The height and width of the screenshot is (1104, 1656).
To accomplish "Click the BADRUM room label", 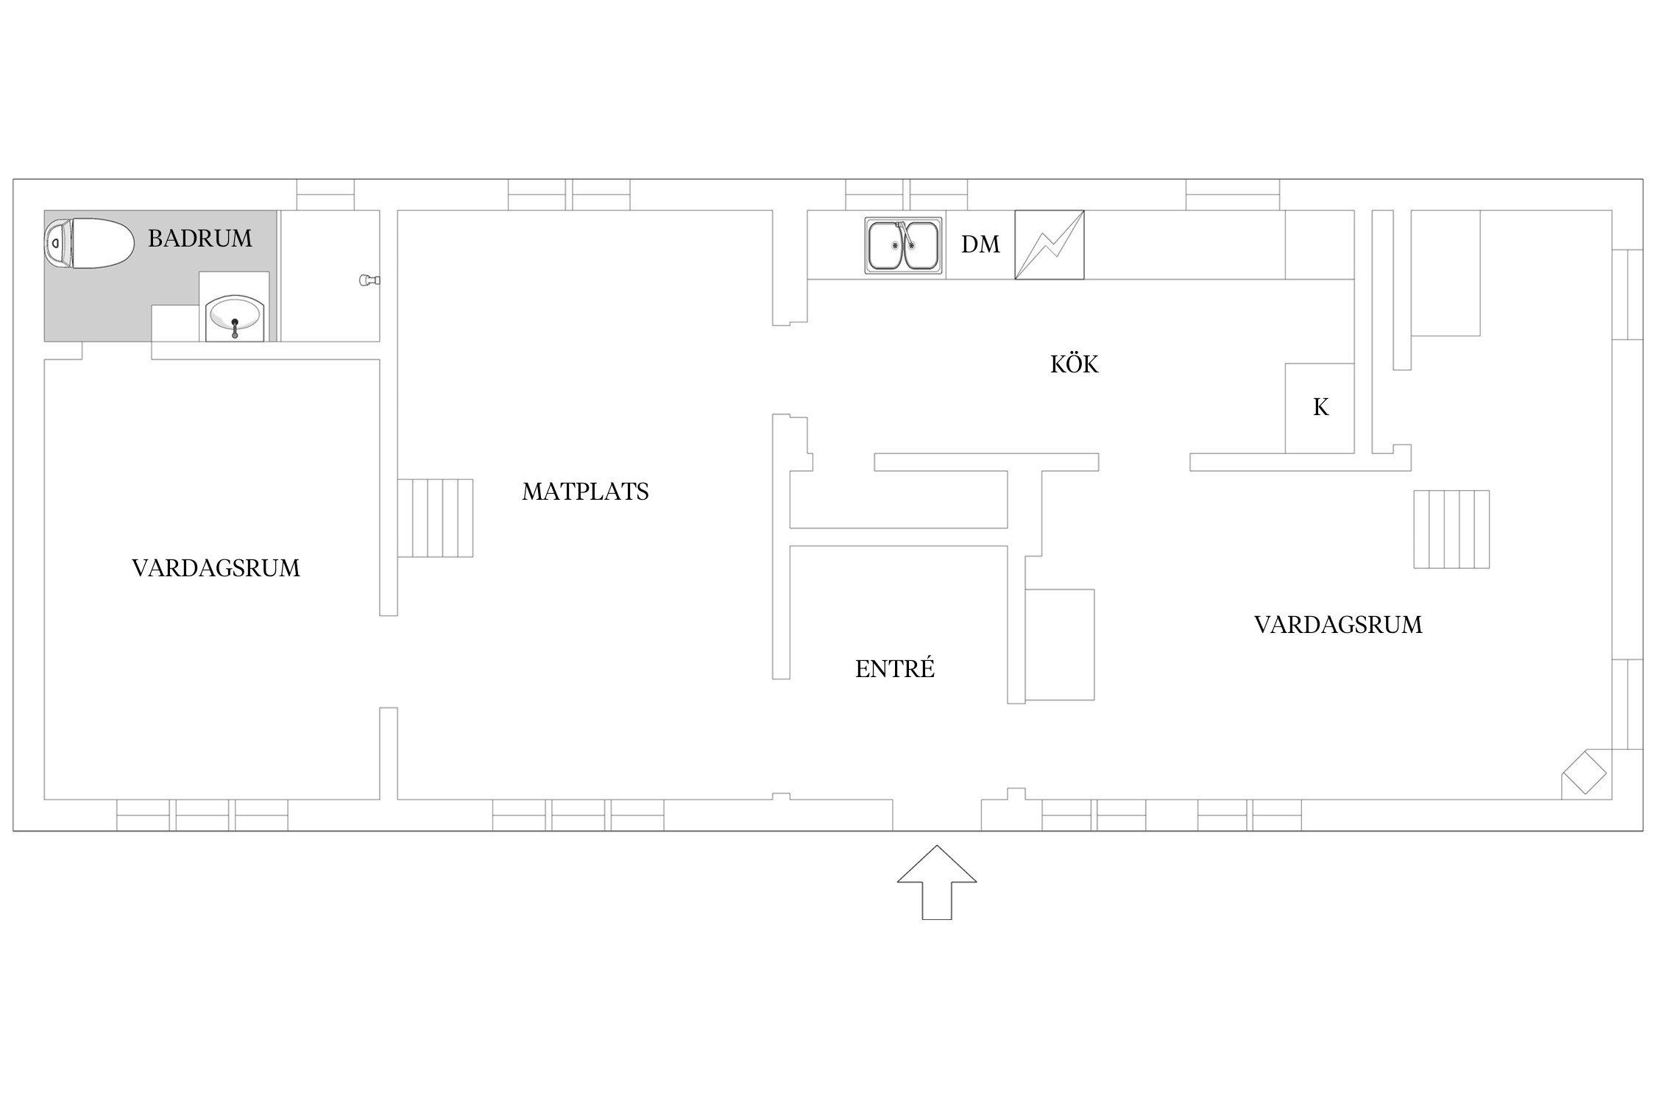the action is click(x=199, y=238).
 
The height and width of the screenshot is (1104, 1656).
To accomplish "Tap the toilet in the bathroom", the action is click(x=89, y=243).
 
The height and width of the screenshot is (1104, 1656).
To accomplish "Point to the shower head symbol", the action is click(x=369, y=280).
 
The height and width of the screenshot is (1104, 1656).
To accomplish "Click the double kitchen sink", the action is click(x=903, y=245).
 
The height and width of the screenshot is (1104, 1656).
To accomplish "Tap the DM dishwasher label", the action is click(x=980, y=244).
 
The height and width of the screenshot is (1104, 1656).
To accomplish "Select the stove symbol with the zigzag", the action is click(x=1050, y=245).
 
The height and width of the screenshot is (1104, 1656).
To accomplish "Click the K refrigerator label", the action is click(x=1320, y=408).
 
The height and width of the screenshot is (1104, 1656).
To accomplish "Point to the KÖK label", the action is click(x=1074, y=364).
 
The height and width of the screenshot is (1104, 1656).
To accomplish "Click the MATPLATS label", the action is click(x=585, y=492).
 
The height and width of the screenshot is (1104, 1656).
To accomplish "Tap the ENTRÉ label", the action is click(x=895, y=668).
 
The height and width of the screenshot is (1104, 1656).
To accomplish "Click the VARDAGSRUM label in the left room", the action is click(x=216, y=568).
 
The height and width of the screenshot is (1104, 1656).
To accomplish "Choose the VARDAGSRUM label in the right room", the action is click(x=1338, y=625).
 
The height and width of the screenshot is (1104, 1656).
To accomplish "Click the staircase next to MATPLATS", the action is click(x=435, y=518).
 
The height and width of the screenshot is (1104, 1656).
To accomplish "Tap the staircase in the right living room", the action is click(x=1451, y=529).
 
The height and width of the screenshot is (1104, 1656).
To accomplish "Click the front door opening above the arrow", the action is click(x=937, y=815).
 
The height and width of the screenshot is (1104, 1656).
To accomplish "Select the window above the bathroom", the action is click(x=325, y=194).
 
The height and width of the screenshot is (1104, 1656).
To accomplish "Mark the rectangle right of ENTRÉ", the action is click(x=1060, y=645).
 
